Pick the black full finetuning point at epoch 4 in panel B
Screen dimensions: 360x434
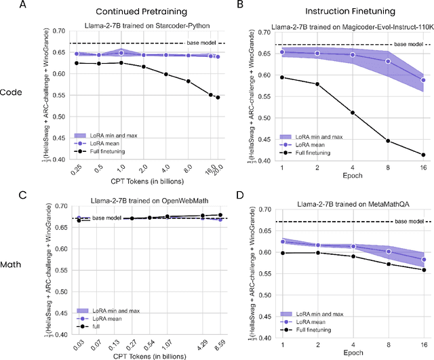353,113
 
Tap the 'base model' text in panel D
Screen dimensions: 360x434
408,222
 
